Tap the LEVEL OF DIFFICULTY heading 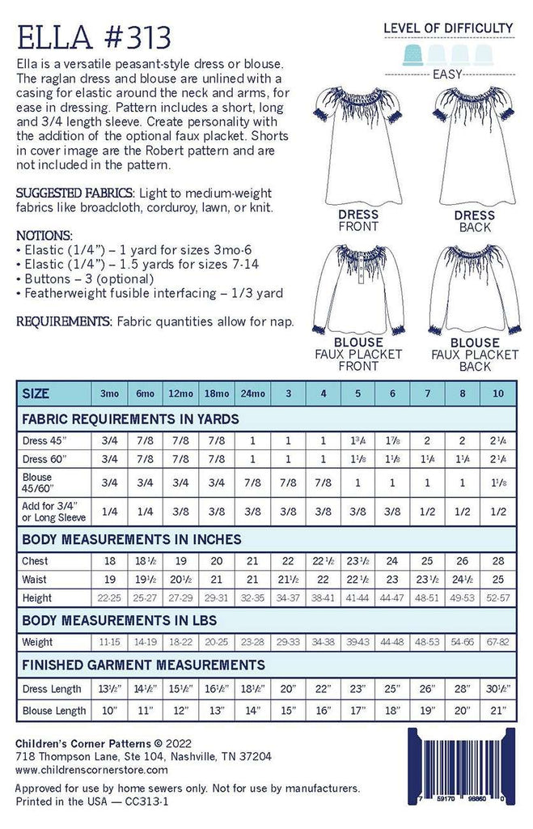coord(447,28)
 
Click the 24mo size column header coord(253,394)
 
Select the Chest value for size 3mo coord(111,561)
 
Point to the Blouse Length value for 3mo coord(111,711)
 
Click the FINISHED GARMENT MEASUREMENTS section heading coord(144,665)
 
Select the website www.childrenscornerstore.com coord(91,770)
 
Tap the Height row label coord(38,598)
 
